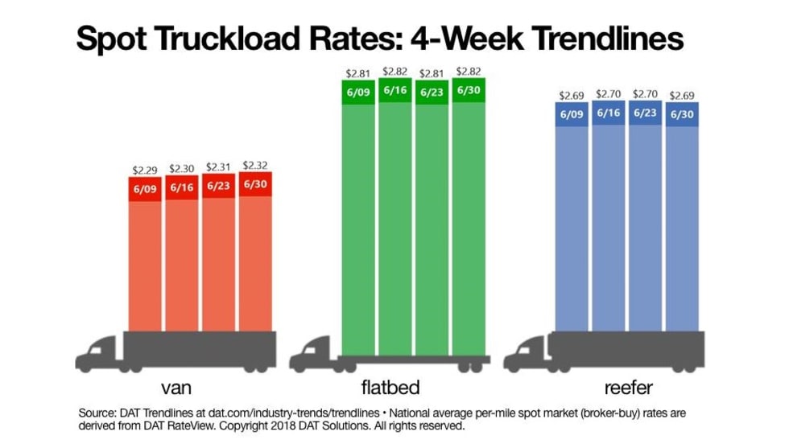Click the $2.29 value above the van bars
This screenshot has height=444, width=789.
[145, 171]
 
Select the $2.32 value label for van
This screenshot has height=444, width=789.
[256, 166]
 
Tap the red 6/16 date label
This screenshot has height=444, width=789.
[182, 187]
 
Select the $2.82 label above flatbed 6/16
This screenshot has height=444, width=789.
[395, 72]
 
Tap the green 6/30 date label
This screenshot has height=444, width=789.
[470, 89]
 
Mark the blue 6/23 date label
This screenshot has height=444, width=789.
[646, 113]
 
